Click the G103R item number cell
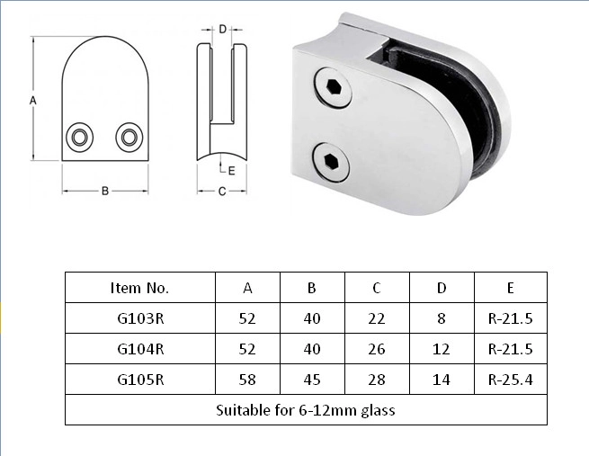click(140, 318)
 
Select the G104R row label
click(140, 349)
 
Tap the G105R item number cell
click(140, 380)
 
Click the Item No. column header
click(139, 288)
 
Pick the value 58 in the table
click(247, 380)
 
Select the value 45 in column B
click(312, 380)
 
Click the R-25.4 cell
click(511, 380)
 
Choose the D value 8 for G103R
click(442, 318)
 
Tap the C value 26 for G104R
click(377, 349)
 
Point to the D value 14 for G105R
click(442, 380)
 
